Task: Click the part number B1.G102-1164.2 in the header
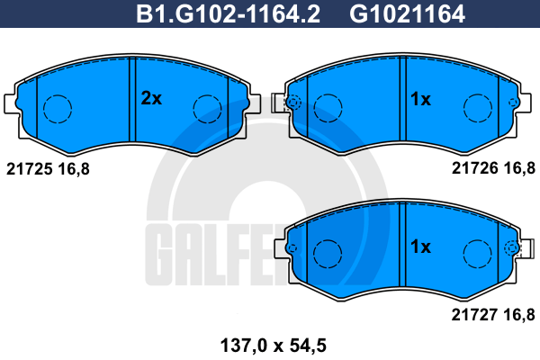tap(228, 14)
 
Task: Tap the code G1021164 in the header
tap(407, 14)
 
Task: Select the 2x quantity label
tap(151, 98)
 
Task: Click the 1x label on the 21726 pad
tap(420, 99)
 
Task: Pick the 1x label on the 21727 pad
tap(420, 247)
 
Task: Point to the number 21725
tap(30, 169)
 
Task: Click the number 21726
tap(475, 168)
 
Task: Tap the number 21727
tap(474, 314)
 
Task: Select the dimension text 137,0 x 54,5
tap(273, 346)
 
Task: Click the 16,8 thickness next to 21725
tap(74, 169)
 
